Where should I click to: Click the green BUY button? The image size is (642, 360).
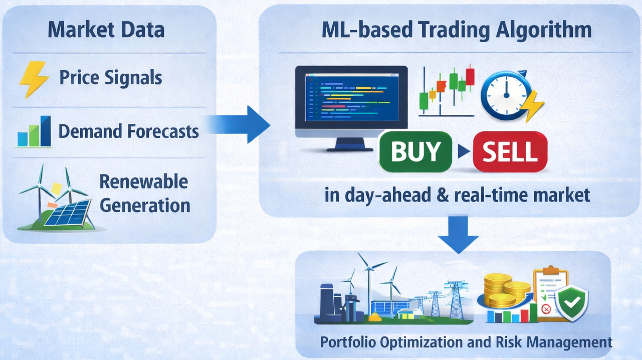click(415, 151)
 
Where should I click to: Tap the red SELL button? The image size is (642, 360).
click(510, 151)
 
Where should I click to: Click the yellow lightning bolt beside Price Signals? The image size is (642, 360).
click(34, 80)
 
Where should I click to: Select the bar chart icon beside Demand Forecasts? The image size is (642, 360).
click(34, 131)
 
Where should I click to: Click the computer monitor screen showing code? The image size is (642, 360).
click(352, 97)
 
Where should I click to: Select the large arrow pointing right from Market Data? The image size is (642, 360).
click(238, 124)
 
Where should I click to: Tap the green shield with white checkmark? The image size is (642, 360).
click(572, 303)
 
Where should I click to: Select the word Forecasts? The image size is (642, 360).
click(163, 131)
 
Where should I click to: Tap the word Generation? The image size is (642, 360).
click(145, 206)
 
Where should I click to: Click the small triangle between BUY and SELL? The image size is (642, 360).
click(464, 151)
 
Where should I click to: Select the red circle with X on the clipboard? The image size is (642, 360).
click(546, 309)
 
